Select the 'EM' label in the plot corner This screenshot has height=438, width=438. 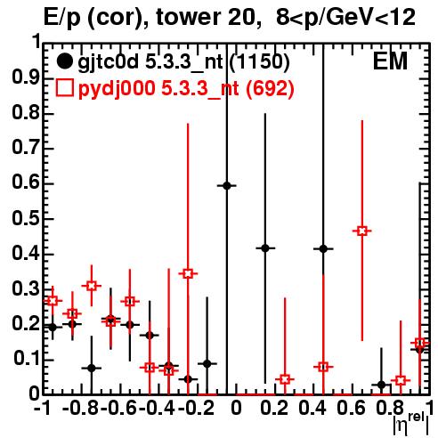pos(390,61)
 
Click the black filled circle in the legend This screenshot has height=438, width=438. pos(64,61)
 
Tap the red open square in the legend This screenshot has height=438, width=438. pos(64,87)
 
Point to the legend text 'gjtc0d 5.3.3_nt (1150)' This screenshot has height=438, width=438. pos(183,62)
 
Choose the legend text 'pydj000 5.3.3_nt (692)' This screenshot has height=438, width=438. pos(186,88)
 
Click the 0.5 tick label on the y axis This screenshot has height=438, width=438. pos(26,219)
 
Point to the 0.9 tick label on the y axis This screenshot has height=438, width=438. pos(26,78)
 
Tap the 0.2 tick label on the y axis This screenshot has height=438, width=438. pos(26,324)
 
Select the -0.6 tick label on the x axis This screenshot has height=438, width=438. pos(119,409)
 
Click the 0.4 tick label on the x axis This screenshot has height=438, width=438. pos(312,409)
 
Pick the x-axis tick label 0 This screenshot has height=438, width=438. pos(236,409)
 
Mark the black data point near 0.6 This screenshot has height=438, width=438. pos(227,186)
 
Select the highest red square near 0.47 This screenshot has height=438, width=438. pos(362,231)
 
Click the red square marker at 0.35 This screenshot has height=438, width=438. pos(188,273)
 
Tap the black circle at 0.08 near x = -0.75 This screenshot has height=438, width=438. pos(92,368)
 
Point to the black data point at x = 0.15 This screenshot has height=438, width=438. pos(265,248)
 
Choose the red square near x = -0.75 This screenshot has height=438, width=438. pos(92,286)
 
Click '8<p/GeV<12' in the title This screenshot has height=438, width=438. pos(345,17)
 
